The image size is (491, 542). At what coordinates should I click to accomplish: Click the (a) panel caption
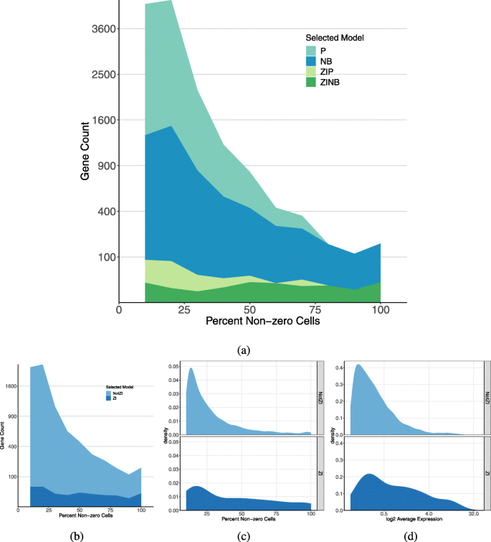point(244,350)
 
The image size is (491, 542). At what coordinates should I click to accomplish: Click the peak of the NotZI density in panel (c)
point(191,369)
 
